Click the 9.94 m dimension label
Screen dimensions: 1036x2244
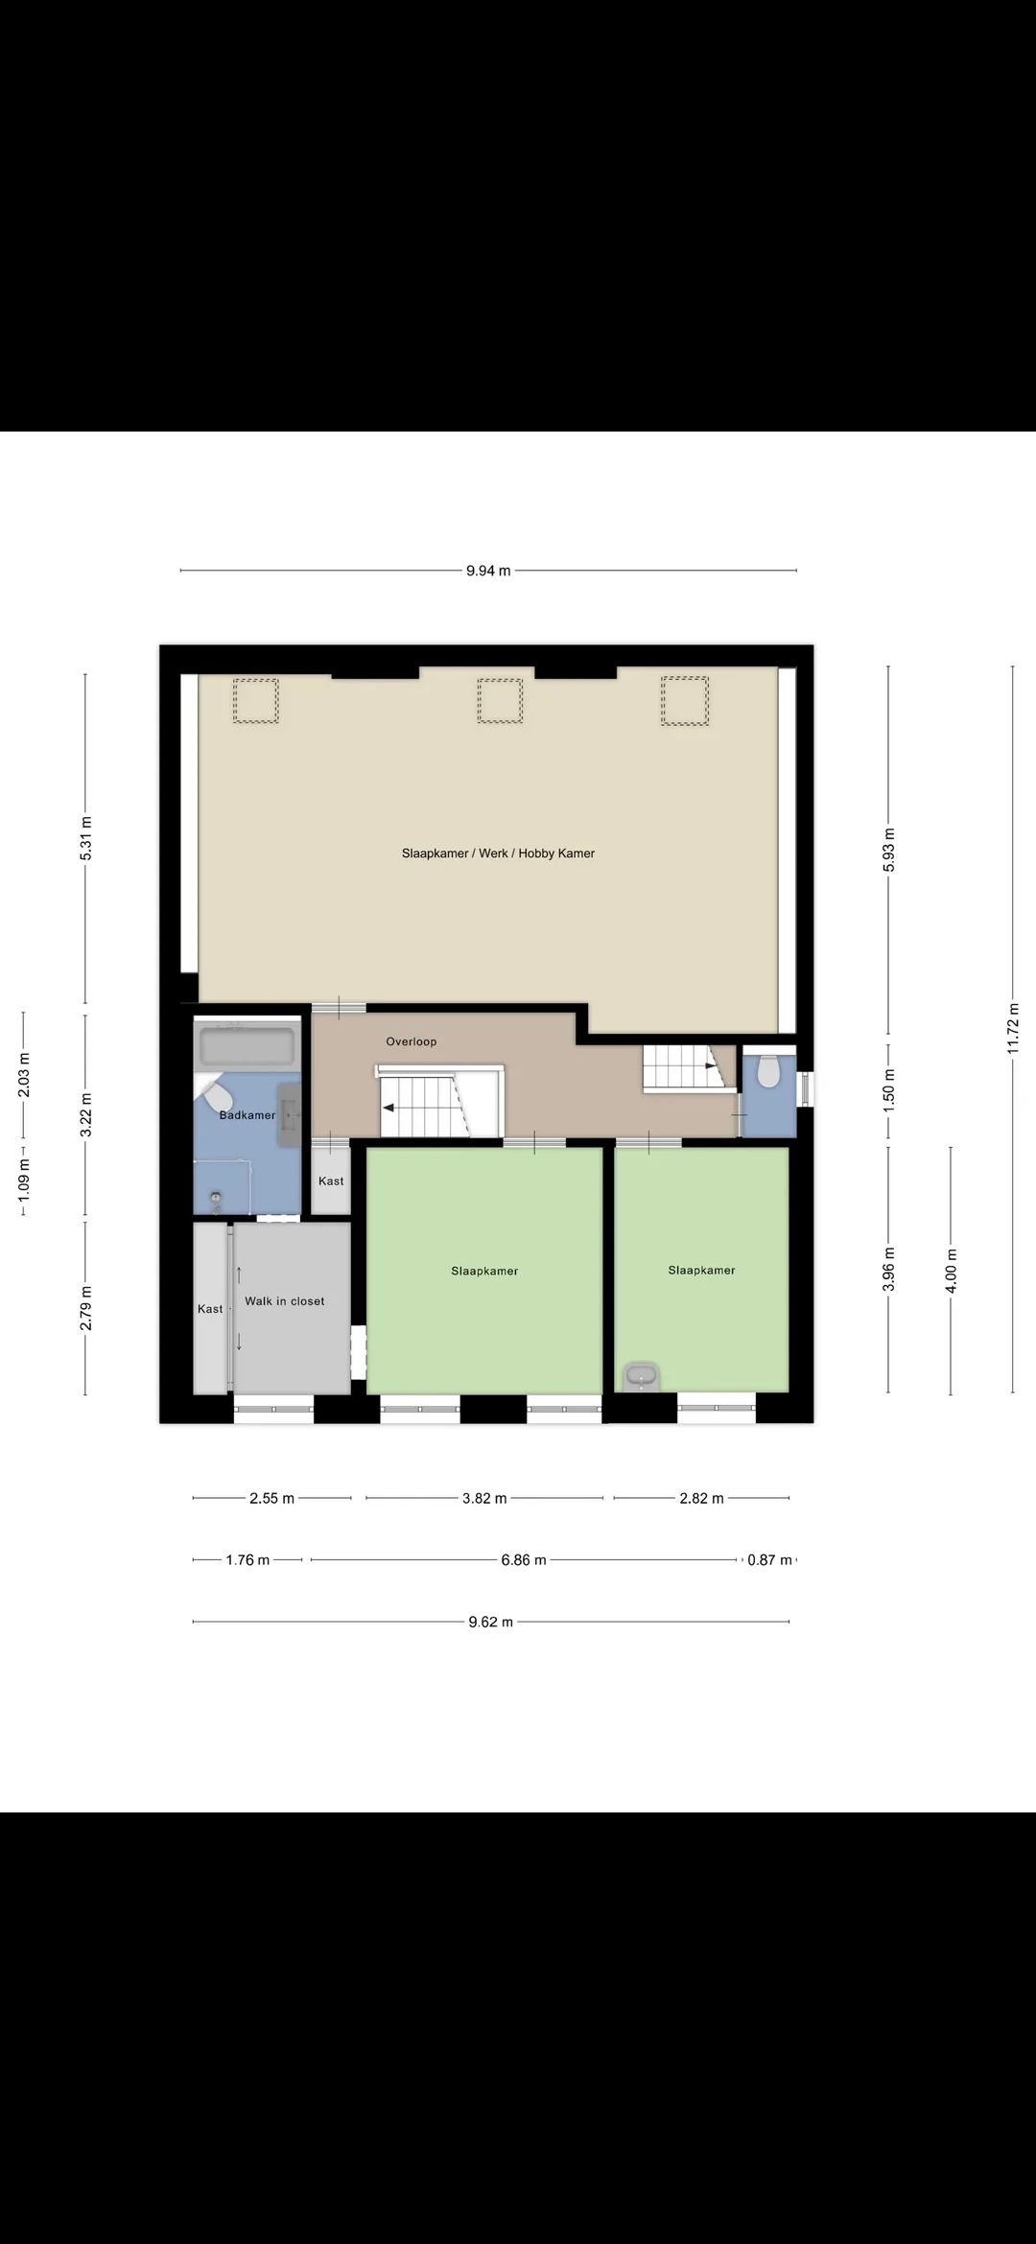[x=488, y=571]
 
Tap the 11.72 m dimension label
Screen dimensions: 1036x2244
[x=1013, y=1029]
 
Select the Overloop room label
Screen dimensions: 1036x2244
[x=412, y=1041]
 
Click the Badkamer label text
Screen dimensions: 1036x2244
[x=247, y=1115]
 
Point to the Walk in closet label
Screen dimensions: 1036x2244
[x=285, y=1301]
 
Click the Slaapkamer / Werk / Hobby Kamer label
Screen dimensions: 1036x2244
[x=498, y=853]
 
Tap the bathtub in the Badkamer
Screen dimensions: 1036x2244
[x=247, y=1045]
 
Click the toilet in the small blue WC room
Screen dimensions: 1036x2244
[x=768, y=1071]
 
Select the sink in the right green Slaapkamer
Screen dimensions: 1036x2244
[x=640, y=1376]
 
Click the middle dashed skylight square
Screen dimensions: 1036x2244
[x=500, y=701]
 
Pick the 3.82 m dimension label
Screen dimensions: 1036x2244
[x=484, y=1498]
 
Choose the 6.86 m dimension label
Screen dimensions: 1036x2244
[x=524, y=1560]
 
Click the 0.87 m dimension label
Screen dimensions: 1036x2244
[x=769, y=1560]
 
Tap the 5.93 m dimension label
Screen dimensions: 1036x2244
[x=889, y=850]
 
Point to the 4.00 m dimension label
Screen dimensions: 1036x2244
[x=952, y=1271]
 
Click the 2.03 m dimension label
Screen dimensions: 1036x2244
[x=24, y=1075]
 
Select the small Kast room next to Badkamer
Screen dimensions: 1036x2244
[x=331, y=1180]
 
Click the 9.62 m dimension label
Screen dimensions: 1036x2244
[x=491, y=1623]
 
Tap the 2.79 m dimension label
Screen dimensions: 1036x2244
[x=85, y=1309]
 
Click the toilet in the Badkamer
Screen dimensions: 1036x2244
[x=212, y=1093]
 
